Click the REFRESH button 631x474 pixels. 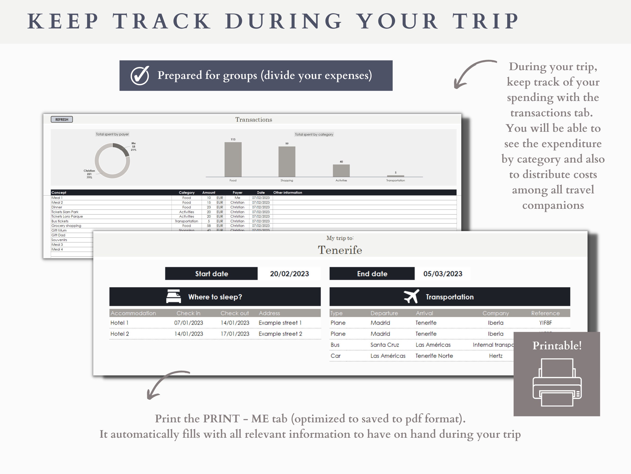[x=62, y=119]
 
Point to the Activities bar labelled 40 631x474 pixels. [x=341, y=171]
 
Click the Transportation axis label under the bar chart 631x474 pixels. [x=395, y=180]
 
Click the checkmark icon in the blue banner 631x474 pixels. [x=140, y=75]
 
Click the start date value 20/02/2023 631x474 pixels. [x=289, y=274]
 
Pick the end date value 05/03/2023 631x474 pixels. [x=442, y=274]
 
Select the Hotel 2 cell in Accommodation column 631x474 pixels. [x=120, y=334]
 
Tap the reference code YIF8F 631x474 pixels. [x=545, y=323]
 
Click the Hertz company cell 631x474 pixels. [x=496, y=356]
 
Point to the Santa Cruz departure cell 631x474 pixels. [x=385, y=345]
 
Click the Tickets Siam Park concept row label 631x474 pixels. [x=65, y=212]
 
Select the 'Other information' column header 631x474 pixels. [x=287, y=193]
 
